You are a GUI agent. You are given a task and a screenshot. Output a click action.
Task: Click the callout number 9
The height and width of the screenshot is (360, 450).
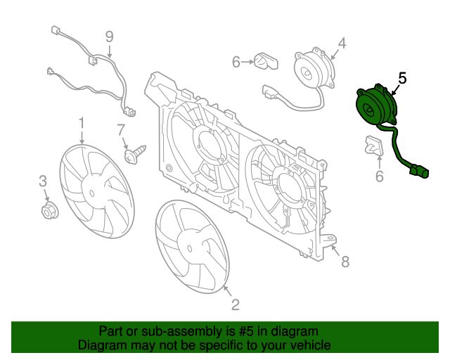[110, 37]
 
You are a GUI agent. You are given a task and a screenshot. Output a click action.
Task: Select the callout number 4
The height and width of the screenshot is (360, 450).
[342, 44]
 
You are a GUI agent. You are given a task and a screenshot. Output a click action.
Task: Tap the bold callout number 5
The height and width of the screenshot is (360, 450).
[402, 78]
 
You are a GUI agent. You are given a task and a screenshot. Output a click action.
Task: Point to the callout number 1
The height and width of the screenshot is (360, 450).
[82, 123]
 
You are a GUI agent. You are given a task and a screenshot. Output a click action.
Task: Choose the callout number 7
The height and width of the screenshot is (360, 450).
[121, 130]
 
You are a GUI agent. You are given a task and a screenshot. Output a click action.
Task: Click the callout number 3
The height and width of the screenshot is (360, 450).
[43, 181]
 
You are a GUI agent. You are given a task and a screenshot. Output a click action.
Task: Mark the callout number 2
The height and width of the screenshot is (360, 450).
[235, 304]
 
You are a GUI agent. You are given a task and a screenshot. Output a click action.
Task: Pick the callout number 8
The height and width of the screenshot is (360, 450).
[345, 262]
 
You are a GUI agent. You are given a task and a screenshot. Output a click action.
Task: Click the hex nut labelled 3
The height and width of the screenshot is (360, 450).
[50, 211]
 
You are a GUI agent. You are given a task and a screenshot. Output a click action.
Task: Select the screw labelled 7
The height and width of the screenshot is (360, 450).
[135, 154]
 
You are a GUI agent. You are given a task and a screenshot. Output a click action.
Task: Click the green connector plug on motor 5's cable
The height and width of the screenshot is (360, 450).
[420, 172]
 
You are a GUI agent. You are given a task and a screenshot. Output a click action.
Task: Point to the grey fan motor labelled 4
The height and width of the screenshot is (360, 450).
[314, 69]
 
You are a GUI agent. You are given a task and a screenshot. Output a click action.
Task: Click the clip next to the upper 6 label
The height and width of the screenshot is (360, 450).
[266, 61]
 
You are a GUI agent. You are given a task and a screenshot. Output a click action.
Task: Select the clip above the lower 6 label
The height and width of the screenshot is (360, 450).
[374, 146]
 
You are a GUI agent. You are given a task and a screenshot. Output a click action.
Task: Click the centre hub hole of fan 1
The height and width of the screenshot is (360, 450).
[92, 193]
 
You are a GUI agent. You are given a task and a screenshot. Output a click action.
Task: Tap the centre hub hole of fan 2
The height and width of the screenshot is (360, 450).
[190, 249]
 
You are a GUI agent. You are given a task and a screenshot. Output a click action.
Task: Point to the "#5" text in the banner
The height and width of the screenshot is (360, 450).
[246, 331]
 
